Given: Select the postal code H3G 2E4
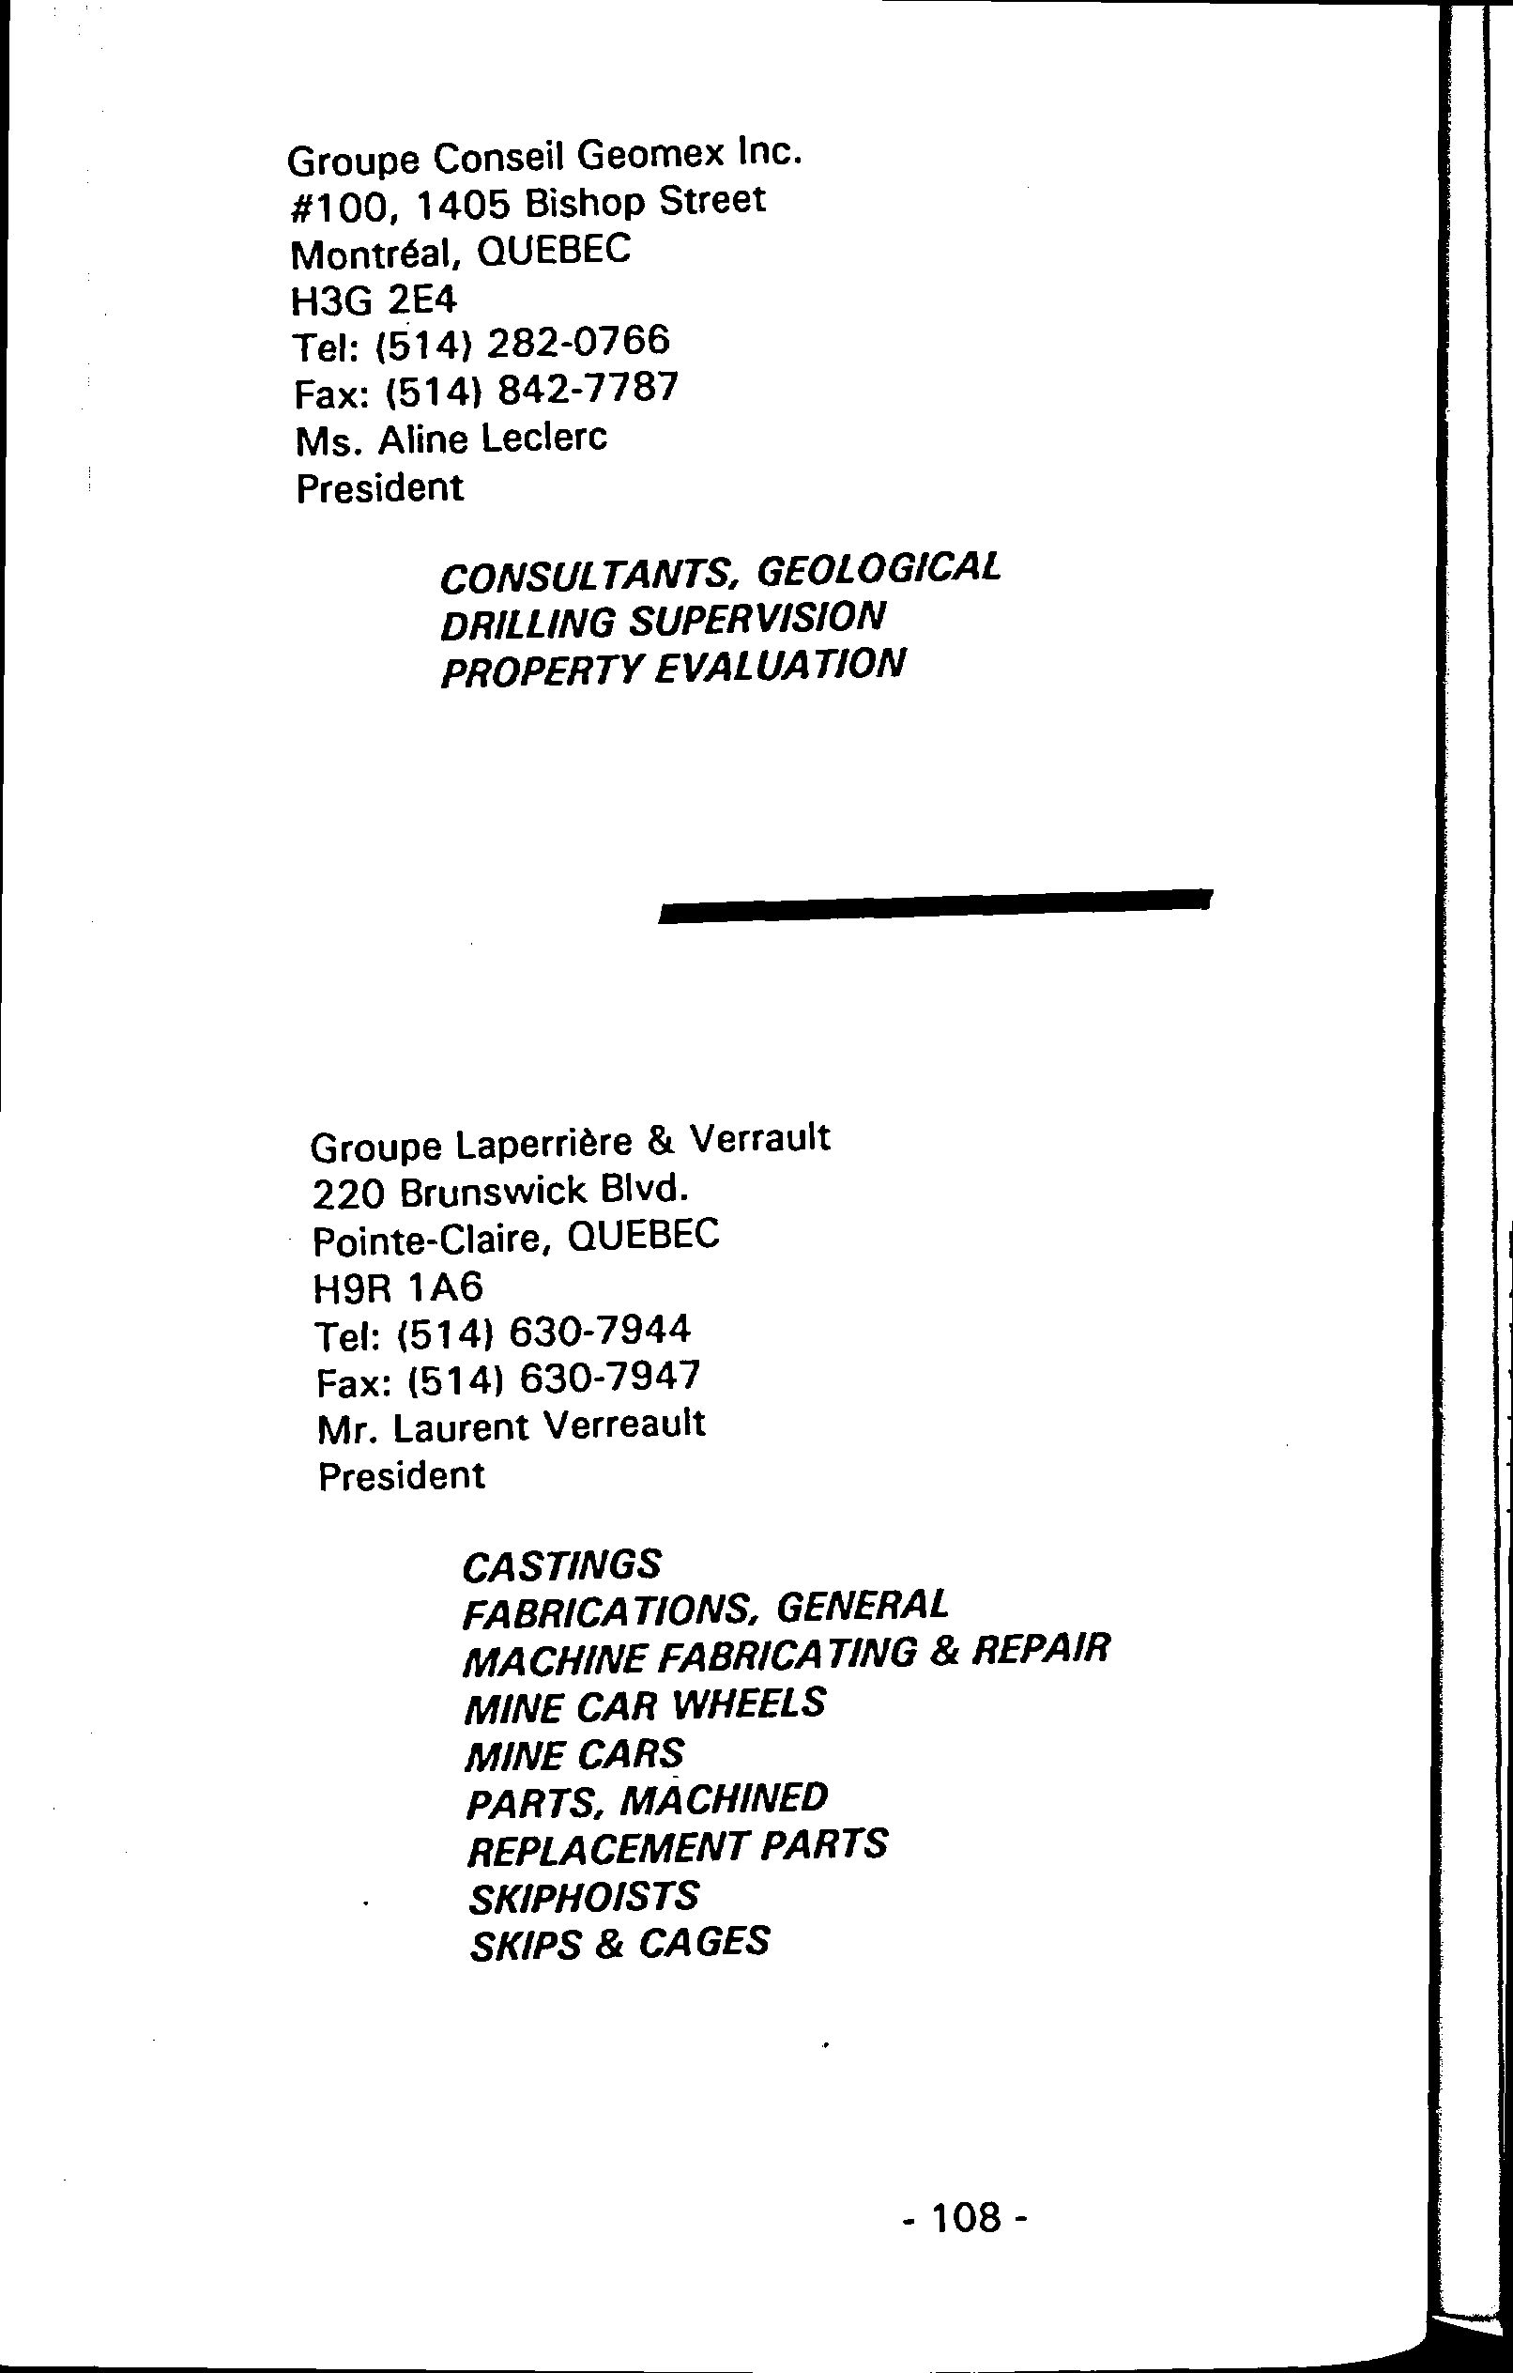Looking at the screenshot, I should click(x=374, y=300).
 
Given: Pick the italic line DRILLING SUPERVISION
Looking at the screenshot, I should click(x=663, y=621).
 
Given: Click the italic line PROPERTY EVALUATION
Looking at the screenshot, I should click(x=672, y=669).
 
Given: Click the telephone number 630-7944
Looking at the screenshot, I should click(x=600, y=1332).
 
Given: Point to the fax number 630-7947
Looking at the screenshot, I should click(x=609, y=1378).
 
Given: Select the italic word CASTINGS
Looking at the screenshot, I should click(x=562, y=1564).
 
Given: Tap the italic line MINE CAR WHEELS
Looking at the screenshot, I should click(x=644, y=1704).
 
